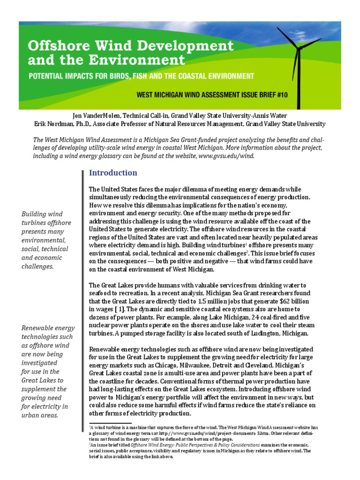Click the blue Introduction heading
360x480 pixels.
[x=113, y=172]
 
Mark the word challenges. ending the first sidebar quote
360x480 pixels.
[x=38, y=266]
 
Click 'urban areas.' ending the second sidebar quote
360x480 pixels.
[x=40, y=415]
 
